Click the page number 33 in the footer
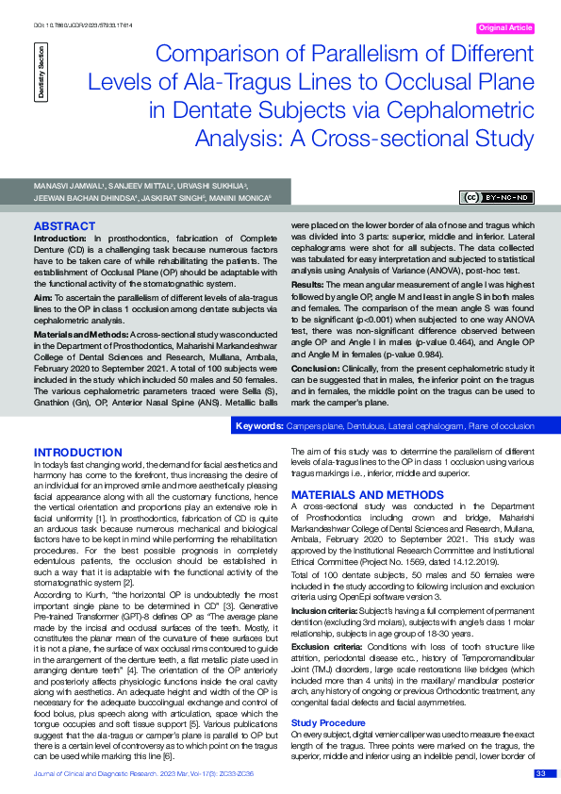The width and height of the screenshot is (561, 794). click(x=540, y=773)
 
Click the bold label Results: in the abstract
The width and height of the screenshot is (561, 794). click(x=310, y=284)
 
